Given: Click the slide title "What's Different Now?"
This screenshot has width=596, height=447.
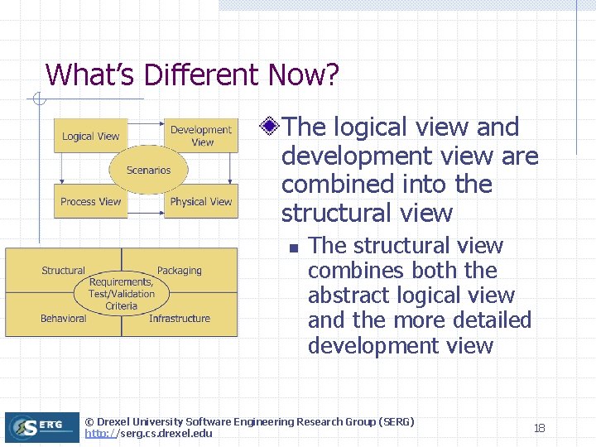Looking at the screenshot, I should (x=192, y=75).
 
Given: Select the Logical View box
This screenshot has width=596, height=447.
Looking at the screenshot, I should (x=90, y=137).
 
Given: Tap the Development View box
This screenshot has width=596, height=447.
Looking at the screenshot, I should (x=202, y=136).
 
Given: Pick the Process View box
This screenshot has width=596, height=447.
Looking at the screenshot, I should (x=90, y=201).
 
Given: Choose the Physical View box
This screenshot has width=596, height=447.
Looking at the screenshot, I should (x=201, y=201).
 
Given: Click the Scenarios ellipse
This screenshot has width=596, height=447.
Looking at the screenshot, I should (x=148, y=171).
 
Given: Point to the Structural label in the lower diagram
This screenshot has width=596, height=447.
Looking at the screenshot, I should (x=63, y=271).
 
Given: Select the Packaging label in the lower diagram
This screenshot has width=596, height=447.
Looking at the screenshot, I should (x=179, y=271).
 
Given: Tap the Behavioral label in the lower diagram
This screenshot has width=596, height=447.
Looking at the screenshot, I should (x=63, y=319).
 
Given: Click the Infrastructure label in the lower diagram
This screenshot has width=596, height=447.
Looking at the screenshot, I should (x=179, y=319).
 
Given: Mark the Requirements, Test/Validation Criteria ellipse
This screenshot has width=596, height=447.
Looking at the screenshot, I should (x=122, y=294).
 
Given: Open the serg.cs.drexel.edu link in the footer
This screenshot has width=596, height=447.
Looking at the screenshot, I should (x=148, y=434).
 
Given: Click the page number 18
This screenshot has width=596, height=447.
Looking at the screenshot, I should (x=539, y=428).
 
